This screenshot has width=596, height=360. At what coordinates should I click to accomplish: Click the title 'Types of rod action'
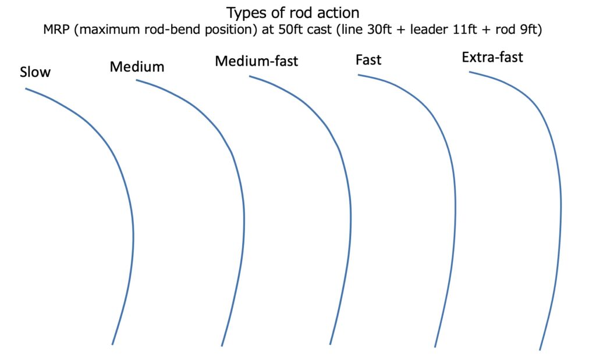[x=293, y=13]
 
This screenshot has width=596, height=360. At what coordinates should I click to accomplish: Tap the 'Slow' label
[x=35, y=72]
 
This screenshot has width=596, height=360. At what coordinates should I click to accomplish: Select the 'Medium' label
[x=137, y=67]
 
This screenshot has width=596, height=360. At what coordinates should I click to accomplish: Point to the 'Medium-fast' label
[x=257, y=61]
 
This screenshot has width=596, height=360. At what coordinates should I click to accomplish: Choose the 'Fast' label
[x=368, y=60]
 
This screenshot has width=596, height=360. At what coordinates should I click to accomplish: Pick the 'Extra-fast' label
[x=492, y=58]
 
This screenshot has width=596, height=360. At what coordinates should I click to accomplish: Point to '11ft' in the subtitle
[x=464, y=30]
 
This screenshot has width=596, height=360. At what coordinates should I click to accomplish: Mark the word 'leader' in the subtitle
[x=429, y=30]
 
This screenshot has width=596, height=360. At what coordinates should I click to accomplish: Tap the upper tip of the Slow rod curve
[x=26, y=89]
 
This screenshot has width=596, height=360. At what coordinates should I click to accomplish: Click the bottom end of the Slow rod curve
[x=112, y=344]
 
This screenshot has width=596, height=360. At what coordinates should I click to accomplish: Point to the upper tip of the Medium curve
[x=136, y=80]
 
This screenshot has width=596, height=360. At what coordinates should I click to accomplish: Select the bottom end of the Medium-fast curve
[x=330, y=344]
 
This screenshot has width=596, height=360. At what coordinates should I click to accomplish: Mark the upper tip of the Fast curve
[x=358, y=75]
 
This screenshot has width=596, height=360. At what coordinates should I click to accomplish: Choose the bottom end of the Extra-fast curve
[x=540, y=350]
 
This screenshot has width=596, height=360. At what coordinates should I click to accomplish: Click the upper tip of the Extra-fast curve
[x=470, y=72]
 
